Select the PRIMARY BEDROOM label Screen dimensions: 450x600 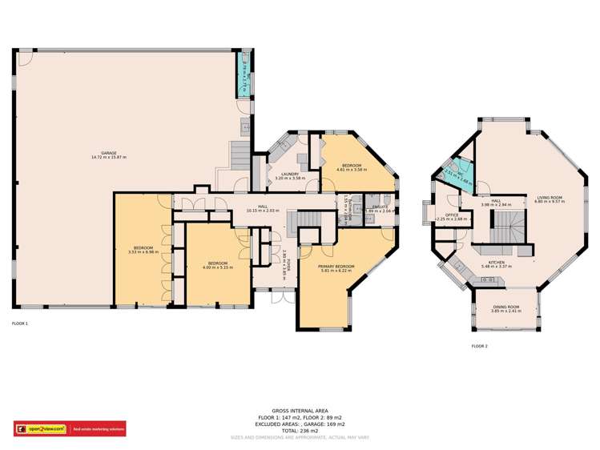pos(336,266)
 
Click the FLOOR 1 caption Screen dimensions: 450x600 pos(20,323)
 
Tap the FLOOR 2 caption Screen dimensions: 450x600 pos(479,345)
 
